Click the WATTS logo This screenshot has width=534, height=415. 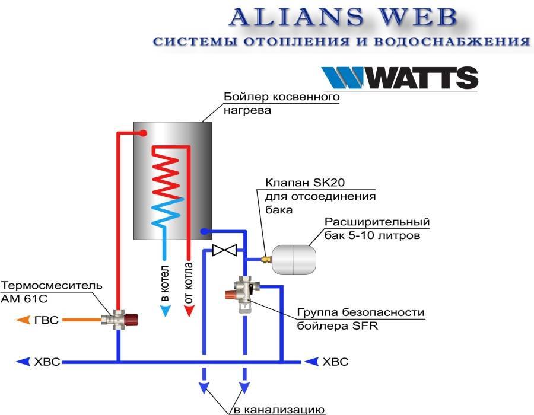click(400, 78)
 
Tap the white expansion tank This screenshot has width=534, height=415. click(294, 260)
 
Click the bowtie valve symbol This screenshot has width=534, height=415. click(224, 250)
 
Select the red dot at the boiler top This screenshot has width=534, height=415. click(144, 133)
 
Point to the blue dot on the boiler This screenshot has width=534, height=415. click(204, 232)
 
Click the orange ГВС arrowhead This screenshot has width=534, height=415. click(23, 320)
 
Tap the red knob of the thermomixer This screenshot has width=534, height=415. click(132, 320)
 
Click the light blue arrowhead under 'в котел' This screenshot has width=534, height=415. click(165, 311)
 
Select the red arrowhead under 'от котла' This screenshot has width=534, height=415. click(189, 311)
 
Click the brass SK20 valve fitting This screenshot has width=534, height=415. click(266, 260)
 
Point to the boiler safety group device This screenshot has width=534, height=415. click(243, 294)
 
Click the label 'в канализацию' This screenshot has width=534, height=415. click(279, 410)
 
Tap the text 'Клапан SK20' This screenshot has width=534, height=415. click(305, 183)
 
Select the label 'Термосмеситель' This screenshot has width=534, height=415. click(52, 285)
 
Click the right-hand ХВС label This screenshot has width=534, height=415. click(335, 362)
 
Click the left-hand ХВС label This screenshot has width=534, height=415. click(47, 362)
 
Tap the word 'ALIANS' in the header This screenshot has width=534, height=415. click(296, 17)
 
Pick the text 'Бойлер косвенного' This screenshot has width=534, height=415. click(282, 97)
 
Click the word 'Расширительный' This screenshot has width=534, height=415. click(377, 222)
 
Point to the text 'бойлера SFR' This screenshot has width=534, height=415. click(338, 326)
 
